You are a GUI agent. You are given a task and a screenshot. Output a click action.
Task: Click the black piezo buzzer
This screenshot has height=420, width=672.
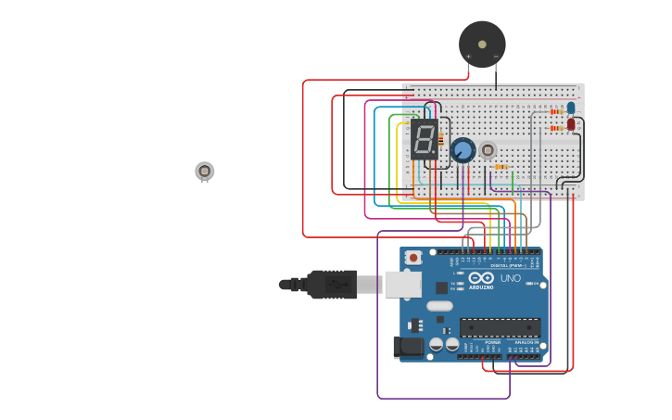pos(482,44)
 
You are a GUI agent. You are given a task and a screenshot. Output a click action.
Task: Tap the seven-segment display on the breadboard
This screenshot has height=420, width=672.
pos(425,139)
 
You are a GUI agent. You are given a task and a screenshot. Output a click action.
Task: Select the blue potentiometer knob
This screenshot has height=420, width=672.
pos(463,149)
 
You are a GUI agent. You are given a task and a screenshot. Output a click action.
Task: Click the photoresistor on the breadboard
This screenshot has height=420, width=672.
pos(488,149)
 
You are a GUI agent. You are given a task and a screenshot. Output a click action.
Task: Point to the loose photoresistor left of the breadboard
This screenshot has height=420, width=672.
pos(205,172)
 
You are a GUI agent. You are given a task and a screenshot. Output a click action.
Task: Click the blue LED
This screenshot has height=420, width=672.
pos(571,108)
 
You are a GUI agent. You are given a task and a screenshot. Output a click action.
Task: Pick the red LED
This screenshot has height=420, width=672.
pos(571,124)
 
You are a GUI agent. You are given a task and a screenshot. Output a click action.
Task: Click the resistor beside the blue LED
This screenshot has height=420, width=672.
pos(556,111)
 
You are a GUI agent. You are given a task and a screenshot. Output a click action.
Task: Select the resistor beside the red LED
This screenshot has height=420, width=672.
pos(556,128)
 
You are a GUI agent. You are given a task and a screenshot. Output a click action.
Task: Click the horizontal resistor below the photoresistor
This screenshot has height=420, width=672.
pos(501,167)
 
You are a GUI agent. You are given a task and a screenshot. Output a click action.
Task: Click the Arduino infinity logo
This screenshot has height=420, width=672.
pos(481,278)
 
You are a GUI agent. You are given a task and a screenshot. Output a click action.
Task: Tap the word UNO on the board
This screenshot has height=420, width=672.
pos(511,278)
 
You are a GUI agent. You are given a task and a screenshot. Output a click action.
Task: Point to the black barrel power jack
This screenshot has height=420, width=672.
pos(407,347)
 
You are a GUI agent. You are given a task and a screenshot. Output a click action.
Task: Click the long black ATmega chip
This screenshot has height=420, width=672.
pos(501,327)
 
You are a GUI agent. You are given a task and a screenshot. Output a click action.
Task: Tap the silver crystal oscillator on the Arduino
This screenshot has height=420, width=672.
pos(439,306)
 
